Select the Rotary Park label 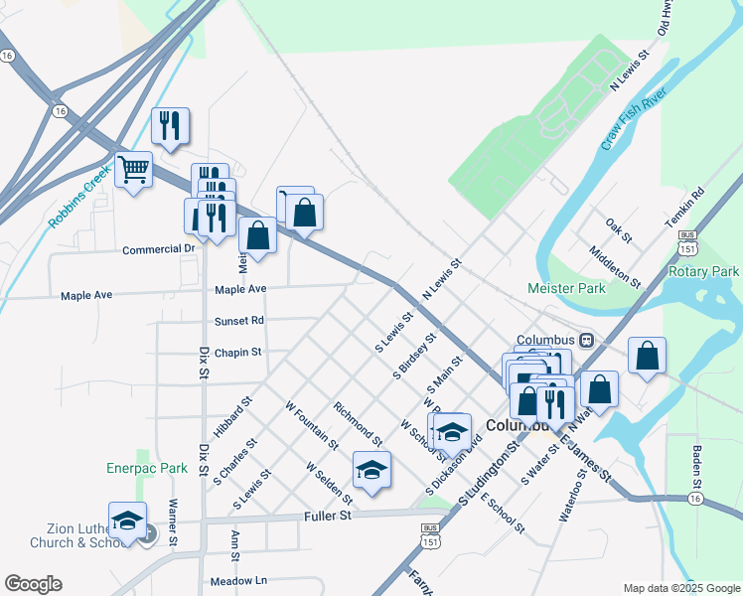click(704, 271)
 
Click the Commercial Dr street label click(159, 249)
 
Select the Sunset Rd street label click(239, 321)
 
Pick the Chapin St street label click(237, 352)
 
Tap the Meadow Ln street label click(239, 580)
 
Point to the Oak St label click(619, 232)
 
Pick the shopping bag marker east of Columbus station click(647, 356)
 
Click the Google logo click(33, 584)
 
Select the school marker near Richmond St click(371, 470)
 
